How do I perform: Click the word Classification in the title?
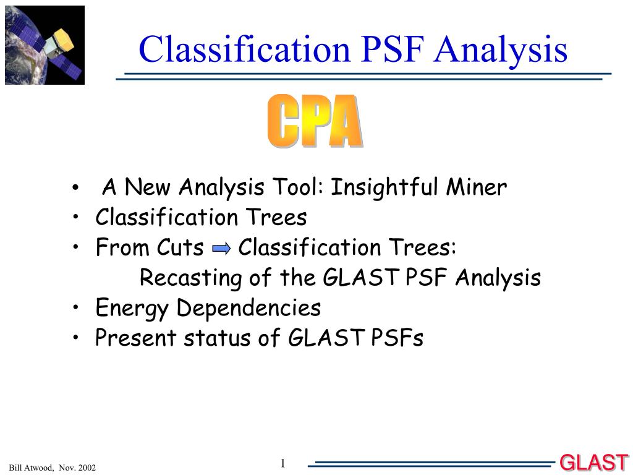point(244,49)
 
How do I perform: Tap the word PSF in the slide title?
point(393,49)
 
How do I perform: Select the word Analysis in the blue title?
point(501,51)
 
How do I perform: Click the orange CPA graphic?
point(315,121)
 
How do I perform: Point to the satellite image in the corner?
point(45,45)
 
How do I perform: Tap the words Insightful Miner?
point(418,188)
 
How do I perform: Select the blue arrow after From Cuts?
point(221,248)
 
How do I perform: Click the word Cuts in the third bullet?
point(180,247)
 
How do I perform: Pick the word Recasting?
point(190,278)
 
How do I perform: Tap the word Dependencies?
point(249,308)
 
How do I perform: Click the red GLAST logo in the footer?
point(594,463)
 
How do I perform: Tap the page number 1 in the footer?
point(283,463)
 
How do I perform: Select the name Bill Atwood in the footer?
point(31,468)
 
